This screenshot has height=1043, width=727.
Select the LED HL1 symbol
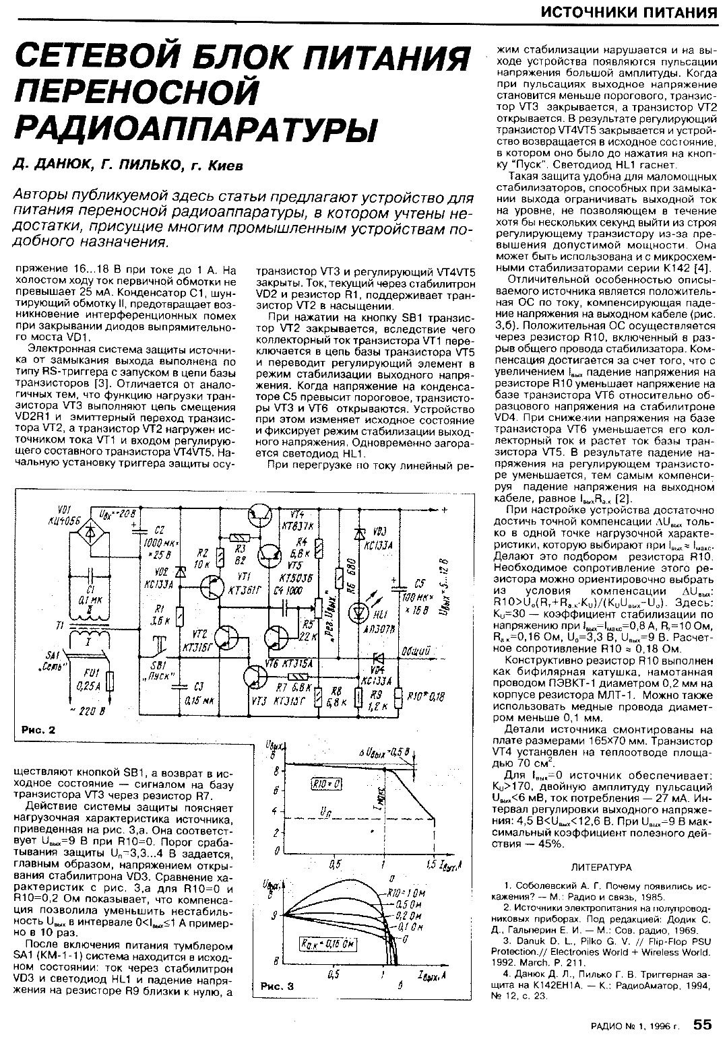(356, 612)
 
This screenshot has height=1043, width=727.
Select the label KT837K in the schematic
(296, 526)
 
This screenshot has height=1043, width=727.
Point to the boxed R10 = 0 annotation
(327, 783)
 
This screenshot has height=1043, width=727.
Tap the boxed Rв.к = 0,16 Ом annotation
(320, 944)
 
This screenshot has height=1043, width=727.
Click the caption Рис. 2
(38, 729)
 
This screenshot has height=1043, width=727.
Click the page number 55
(702, 1024)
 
